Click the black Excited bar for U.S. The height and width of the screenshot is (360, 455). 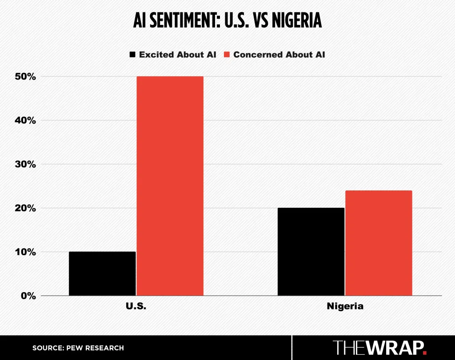click(102, 273)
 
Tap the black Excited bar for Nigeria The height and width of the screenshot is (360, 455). click(311, 251)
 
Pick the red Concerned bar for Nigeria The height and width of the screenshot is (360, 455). click(379, 243)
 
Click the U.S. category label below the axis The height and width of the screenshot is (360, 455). click(136, 306)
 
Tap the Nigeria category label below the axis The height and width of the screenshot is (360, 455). click(345, 306)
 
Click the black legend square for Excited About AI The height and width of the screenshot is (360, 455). click(132, 55)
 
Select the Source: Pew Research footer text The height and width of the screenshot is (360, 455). click(78, 348)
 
